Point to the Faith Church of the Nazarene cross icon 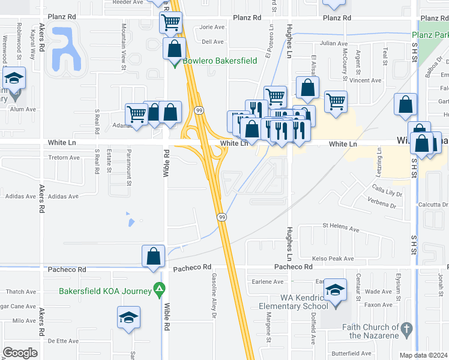pyautogui.click(x=406, y=329)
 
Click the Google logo pyautogui.click(x=20, y=352)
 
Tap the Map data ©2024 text pyautogui.click(x=424, y=355)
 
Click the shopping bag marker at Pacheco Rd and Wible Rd pyautogui.click(x=154, y=256)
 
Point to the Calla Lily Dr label pyautogui.click(x=385, y=192)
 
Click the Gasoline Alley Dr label pyautogui.click(x=213, y=294)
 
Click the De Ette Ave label pyautogui.click(x=63, y=341)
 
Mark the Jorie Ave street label pyautogui.click(x=212, y=27)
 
